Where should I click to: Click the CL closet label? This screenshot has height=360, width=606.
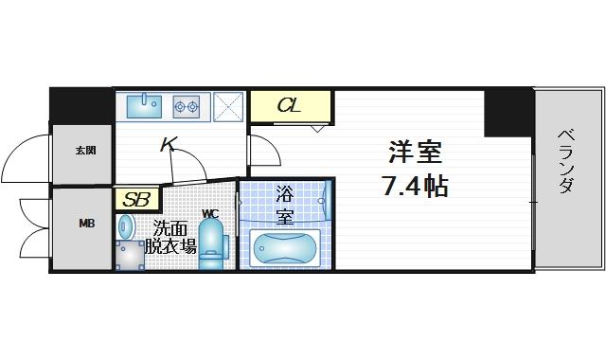(x=289, y=105)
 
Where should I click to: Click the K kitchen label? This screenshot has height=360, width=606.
(x=169, y=145)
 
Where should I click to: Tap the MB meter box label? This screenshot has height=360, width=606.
(x=85, y=225)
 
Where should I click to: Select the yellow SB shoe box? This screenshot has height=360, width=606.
(x=135, y=200)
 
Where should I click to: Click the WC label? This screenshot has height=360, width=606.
(x=210, y=212)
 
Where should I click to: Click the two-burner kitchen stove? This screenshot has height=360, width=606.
(x=187, y=106)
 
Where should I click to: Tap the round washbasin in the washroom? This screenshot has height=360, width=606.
(x=126, y=226)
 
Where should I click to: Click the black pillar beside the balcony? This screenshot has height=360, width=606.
(x=507, y=112)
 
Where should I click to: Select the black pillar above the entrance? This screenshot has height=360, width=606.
(x=80, y=105)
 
